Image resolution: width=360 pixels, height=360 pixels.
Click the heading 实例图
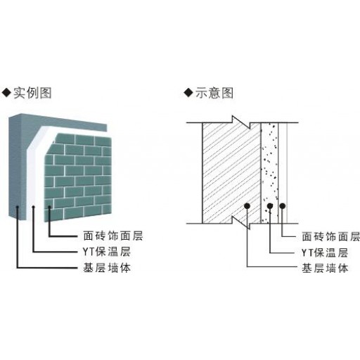tap(32, 93)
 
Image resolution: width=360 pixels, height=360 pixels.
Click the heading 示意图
tap(214, 93)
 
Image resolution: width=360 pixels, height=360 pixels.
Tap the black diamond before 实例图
tap(6, 93)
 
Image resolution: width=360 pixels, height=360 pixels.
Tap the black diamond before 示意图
tap(188, 93)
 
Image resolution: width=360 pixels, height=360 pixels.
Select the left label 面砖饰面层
tap(113, 236)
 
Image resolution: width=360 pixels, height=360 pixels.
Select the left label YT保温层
tap(106, 252)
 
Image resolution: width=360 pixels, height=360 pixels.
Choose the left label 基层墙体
tap(107, 268)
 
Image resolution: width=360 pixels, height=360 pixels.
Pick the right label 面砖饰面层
tap(330, 237)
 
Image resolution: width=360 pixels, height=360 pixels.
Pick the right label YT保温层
tap(325, 253)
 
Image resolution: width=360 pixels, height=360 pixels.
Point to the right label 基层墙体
tap(325, 269)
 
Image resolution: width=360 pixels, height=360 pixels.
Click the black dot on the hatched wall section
tap(247, 206)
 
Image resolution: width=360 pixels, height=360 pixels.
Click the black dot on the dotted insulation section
tap(270, 206)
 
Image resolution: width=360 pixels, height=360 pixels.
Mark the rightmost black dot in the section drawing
tap(283, 206)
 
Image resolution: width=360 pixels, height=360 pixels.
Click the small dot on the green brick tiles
tap(49, 207)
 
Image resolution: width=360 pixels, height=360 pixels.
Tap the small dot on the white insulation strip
tap(34, 207)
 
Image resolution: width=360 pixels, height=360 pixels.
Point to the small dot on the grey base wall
tap(18, 207)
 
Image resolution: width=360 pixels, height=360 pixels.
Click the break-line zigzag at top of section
tap(241, 122)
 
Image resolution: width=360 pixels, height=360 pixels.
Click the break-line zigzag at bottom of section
tap(241, 223)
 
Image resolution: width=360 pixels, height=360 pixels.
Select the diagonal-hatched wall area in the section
tap(231, 173)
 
